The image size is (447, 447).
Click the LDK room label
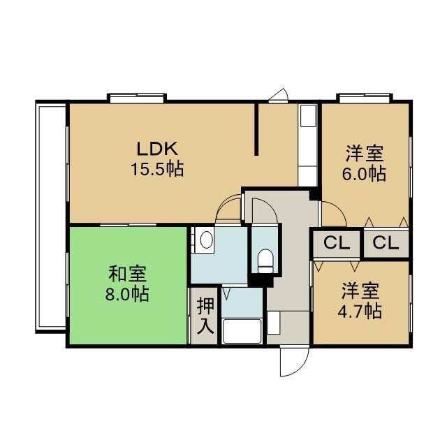(157, 149)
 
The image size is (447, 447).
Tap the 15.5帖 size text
(157, 169)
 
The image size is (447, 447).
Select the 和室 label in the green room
(127, 273)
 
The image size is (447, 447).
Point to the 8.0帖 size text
(127, 294)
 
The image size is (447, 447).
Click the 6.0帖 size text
(364, 174)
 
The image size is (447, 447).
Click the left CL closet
(337, 244)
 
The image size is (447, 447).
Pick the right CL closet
(386, 244)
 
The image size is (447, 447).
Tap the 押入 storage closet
(205, 316)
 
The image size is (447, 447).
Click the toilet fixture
(265, 261)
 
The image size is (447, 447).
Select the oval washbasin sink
(207, 240)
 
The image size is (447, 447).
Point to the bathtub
(242, 332)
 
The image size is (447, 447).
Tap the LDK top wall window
(137, 98)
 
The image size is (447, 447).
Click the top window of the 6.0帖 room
(365, 98)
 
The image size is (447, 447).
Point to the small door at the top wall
(279, 96)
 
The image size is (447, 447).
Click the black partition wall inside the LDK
(256, 130)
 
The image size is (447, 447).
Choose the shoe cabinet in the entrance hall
(274, 323)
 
